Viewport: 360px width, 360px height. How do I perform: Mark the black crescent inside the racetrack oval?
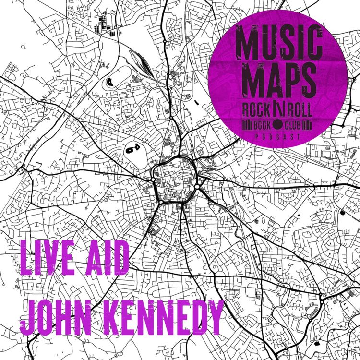(109, 81)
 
